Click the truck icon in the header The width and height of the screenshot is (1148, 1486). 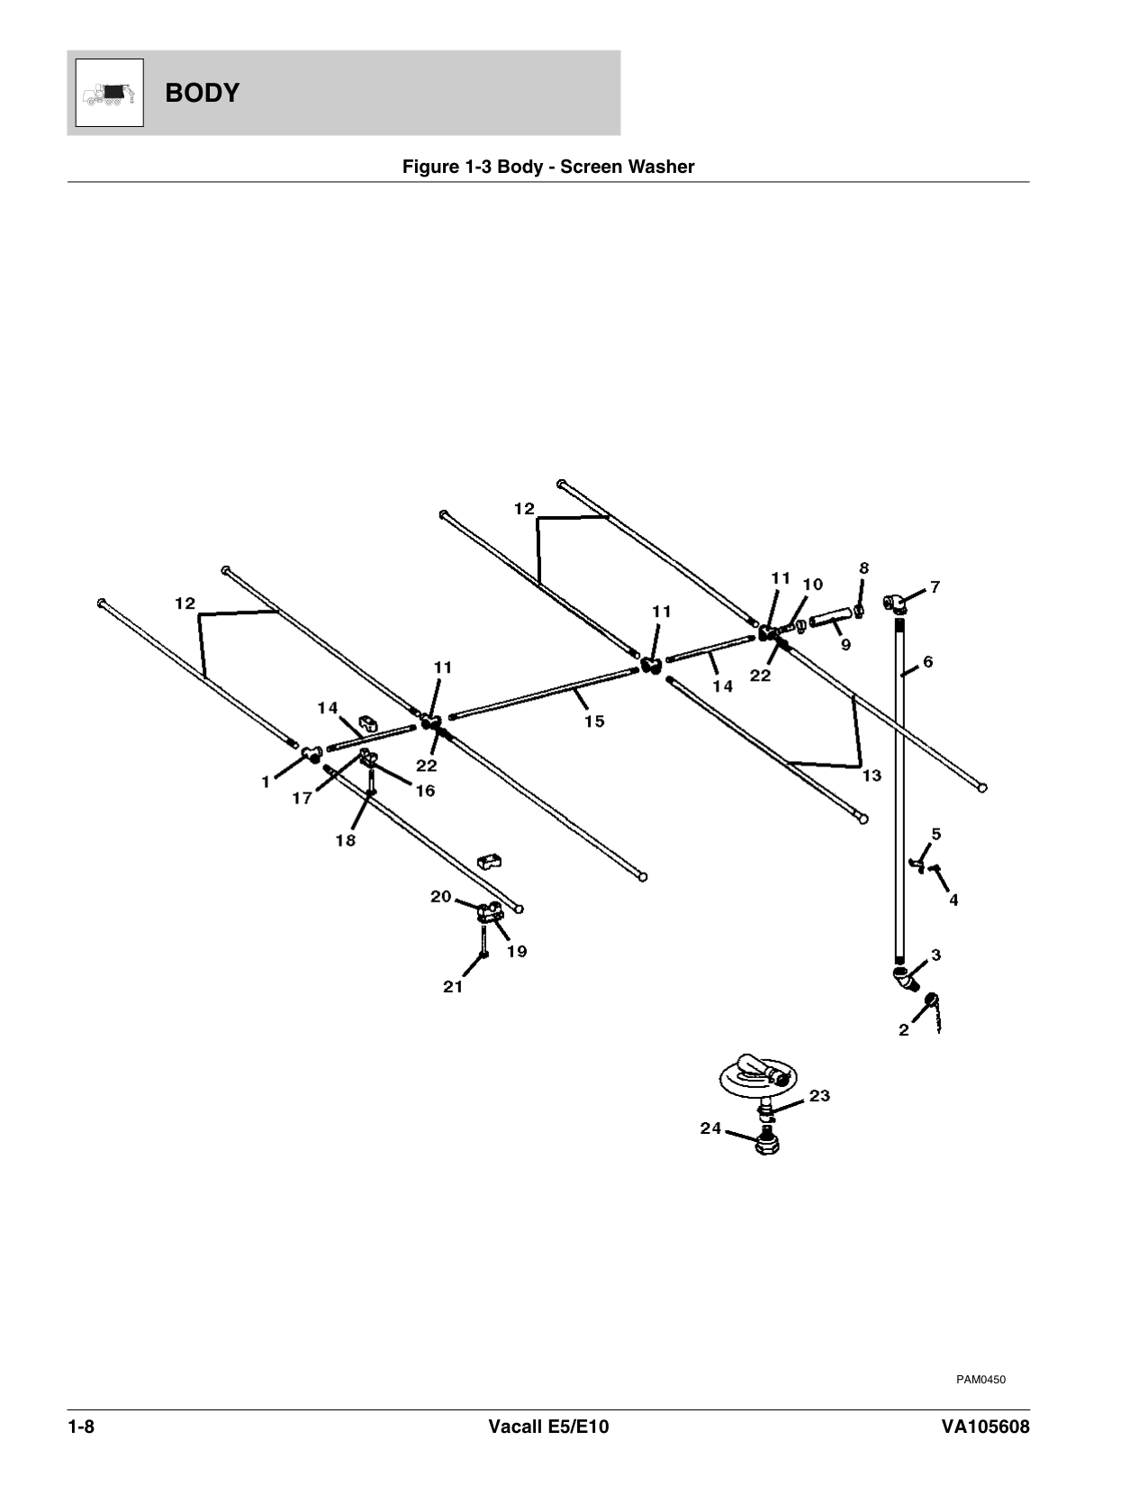coord(109,93)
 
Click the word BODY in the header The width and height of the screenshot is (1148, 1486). coord(203,93)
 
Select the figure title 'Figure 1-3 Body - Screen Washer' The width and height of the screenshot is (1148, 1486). coord(547,167)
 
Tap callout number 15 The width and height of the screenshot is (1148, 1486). coord(593,721)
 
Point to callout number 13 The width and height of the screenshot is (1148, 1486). coord(872,775)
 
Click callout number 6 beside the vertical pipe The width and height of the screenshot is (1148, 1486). coord(927,662)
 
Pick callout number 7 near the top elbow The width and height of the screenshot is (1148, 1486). coord(936,587)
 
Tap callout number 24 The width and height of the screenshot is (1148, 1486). coord(711,1128)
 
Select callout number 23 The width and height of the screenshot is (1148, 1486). coord(819,1096)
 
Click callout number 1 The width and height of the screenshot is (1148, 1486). coord(266,783)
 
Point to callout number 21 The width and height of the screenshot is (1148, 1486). coord(453,986)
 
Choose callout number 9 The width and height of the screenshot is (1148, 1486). coord(845,645)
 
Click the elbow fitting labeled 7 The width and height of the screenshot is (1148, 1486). coord(895,602)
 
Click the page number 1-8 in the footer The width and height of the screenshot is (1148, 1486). coord(81,1427)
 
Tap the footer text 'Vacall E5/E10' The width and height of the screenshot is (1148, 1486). coord(548,1427)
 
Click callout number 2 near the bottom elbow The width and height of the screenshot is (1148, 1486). coord(904,1030)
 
